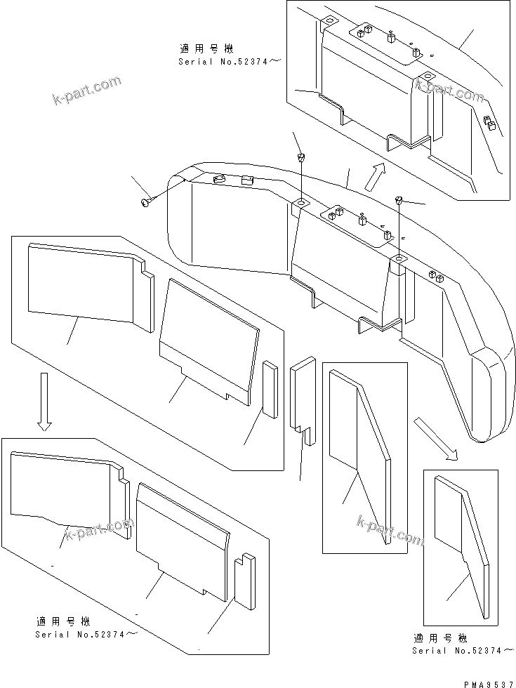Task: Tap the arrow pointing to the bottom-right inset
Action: pyautogui.click(x=435, y=439)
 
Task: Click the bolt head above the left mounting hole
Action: pyautogui.click(x=300, y=156)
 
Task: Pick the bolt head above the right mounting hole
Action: pyautogui.click(x=399, y=201)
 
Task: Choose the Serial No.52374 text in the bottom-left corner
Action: pyautogui.click(x=84, y=634)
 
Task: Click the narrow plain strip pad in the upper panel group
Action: pyautogui.click(x=270, y=390)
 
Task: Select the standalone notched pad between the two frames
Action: pyautogui.click(x=303, y=397)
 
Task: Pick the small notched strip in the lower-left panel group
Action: pyautogui.click(x=244, y=581)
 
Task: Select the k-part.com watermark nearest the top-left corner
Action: pyautogui.click(x=88, y=92)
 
